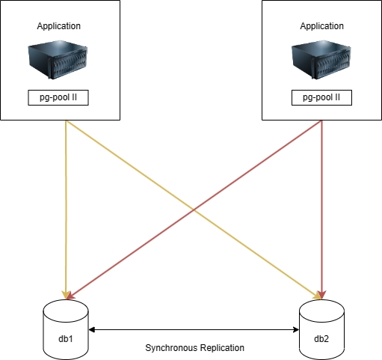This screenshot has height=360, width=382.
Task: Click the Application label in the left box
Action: click(59, 26)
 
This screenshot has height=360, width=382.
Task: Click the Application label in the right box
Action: click(321, 26)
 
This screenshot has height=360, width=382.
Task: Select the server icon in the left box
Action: click(58, 60)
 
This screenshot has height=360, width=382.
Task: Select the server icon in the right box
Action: click(321, 60)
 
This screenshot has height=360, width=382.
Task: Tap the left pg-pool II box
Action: click(58, 97)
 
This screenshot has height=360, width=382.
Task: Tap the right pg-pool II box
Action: click(321, 97)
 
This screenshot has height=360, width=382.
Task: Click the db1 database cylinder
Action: click(66, 329)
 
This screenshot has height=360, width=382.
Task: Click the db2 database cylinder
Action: click(321, 329)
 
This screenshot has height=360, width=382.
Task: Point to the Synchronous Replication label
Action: click(194, 348)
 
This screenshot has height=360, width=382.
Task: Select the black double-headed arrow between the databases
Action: click(194, 330)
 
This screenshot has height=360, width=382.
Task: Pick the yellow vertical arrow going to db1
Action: click(66, 210)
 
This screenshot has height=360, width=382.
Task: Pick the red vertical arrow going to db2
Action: click(322, 210)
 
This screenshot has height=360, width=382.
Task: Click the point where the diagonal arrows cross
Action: click(194, 210)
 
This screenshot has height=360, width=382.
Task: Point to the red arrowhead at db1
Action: click(70, 296)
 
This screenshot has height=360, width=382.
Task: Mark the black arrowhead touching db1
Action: click(92, 330)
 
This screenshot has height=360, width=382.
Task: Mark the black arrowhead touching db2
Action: click(296, 330)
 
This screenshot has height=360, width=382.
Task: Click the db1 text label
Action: click(66, 339)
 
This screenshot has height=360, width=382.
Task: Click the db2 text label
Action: click(321, 339)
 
